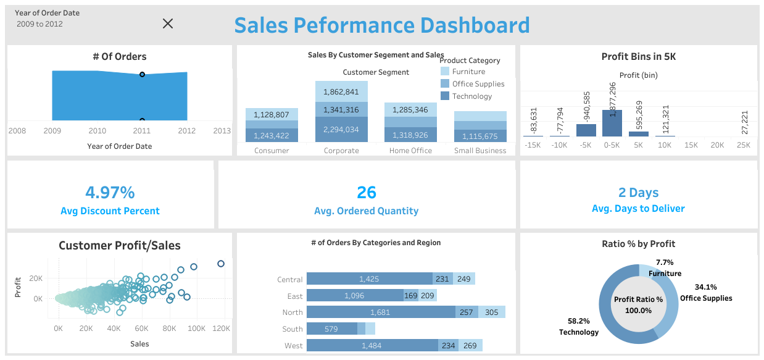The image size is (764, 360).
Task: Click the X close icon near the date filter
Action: tap(167, 23)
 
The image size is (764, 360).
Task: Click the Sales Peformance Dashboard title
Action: tap(381, 25)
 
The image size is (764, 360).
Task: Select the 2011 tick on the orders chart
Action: tap(142, 130)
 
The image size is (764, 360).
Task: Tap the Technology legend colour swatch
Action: tap(445, 96)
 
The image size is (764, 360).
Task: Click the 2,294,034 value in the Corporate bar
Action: tap(341, 130)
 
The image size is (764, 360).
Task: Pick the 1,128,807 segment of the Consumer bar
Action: tap(272, 115)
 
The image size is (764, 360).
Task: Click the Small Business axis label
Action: tap(480, 151)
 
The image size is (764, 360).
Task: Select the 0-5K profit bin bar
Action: tap(612, 123)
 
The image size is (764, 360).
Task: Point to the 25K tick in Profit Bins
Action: tap(744, 145)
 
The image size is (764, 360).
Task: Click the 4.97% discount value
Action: tap(110, 193)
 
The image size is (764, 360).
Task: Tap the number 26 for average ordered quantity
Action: tap(367, 193)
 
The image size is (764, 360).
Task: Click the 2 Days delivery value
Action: tap(638, 193)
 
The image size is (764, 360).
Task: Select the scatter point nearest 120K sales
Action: tap(221, 264)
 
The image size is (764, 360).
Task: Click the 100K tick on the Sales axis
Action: tap(196, 329)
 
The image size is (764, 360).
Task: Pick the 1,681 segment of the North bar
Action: tap(380, 312)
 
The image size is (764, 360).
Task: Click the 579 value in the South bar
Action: tap(331, 329)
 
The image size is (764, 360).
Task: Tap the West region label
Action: tap(294, 346)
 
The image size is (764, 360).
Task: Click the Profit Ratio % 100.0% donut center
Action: tap(638, 304)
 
